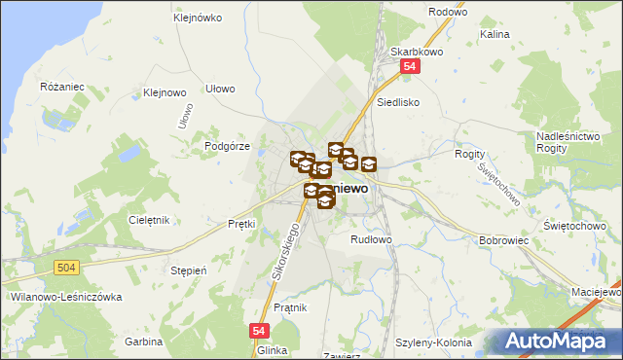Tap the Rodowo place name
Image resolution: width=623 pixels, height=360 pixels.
click(x=448, y=12)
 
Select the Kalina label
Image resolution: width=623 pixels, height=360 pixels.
click(x=495, y=34)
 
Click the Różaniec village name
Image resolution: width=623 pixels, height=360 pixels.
click(x=63, y=87)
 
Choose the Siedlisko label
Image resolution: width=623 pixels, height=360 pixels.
click(x=398, y=100)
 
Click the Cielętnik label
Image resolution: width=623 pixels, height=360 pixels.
click(x=150, y=220)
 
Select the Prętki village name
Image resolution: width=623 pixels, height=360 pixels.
click(x=240, y=224)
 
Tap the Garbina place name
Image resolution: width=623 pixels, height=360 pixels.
click(x=143, y=342)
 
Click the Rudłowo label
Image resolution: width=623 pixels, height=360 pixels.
click(x=371, y=238)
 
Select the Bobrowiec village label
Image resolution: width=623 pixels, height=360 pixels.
click(x=503, y=238)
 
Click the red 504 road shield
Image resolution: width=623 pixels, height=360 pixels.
click(x=66, y=266)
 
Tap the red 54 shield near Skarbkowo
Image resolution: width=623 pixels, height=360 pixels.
click(x=410, y=66)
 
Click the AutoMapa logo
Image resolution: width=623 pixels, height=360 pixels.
click(x=558, y=341)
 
